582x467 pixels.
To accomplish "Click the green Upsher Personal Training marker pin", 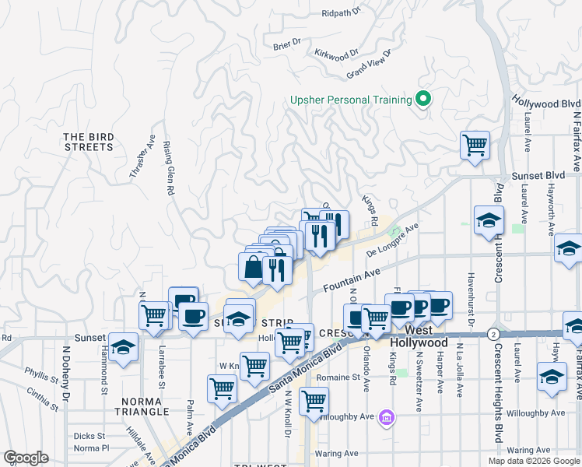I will pyautogui.click(x=423, y=99).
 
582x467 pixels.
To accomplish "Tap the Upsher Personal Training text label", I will pyautogui.click(x=350, y=100).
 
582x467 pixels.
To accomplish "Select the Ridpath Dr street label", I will pyautogui.click(x=342, y=12).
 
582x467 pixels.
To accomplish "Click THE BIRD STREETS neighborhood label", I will pyautogui.click(x=89, y=142).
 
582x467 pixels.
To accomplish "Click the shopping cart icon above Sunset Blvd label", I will pyautogui.click(x=475, y=145).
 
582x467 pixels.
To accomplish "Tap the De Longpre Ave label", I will pyautogui.click(x=392, y=241).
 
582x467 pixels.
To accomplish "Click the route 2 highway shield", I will pyautogui.click(x=493, y=333).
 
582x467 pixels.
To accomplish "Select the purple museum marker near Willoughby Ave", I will pyautogui.click(x=386, y=420).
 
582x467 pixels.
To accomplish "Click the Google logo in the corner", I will pyautogui.click(x=26, y=458).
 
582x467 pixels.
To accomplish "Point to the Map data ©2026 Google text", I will pyautogui.click(x=534, y=461).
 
